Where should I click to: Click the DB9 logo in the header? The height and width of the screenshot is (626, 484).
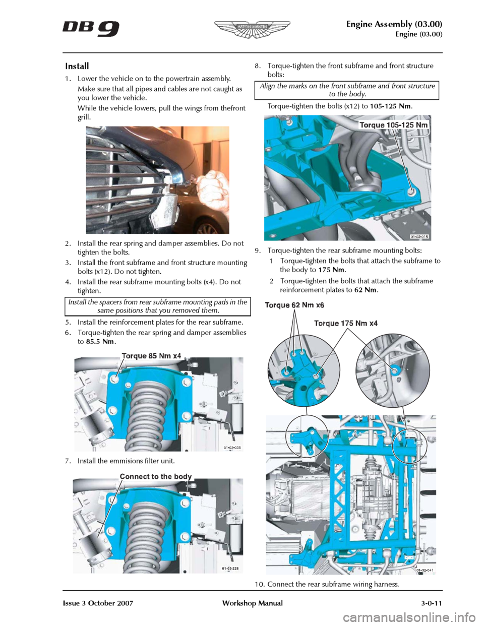91,28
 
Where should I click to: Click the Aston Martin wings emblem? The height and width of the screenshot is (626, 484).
252,28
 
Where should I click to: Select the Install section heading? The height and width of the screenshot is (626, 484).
77,66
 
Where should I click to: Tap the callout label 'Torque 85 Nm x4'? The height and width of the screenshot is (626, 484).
151,356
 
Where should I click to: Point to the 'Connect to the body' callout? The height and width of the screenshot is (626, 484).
156,476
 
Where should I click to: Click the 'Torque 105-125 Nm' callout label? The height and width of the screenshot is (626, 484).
394,124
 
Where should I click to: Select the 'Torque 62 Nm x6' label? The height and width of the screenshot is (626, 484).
294,305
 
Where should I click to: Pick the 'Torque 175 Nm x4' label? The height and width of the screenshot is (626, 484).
346,323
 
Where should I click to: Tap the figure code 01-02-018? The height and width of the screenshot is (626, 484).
420,236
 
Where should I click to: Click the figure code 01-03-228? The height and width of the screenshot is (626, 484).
230,569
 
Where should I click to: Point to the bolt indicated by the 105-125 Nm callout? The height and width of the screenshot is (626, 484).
412,192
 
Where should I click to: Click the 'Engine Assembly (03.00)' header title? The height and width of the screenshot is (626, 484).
394,25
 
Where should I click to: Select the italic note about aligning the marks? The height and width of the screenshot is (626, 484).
347,90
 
